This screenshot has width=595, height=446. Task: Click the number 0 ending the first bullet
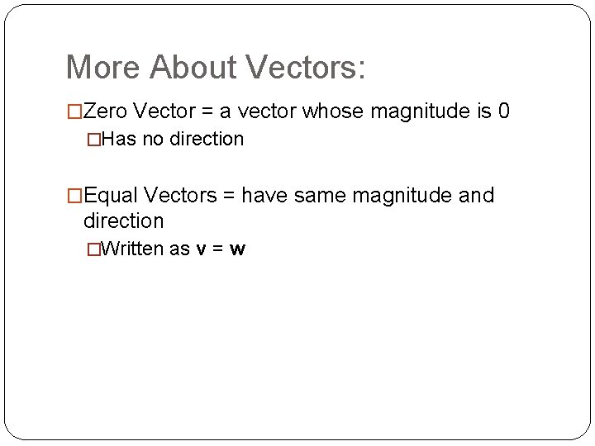click(x=504, y=111)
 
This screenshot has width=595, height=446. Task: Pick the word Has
click(x=121, y=139)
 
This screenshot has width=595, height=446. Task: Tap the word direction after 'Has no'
click(x=204, y=139)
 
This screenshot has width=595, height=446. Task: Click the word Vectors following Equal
click(x=182, y=196)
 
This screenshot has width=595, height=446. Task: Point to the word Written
click(x=136, y=249)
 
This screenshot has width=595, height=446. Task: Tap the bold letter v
click(x=201, y=249)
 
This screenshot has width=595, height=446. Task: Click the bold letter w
click(x=238, y=249)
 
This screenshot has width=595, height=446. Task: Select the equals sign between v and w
click(x=218, y=249)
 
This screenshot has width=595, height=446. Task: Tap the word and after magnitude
click(x=476, y=196)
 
